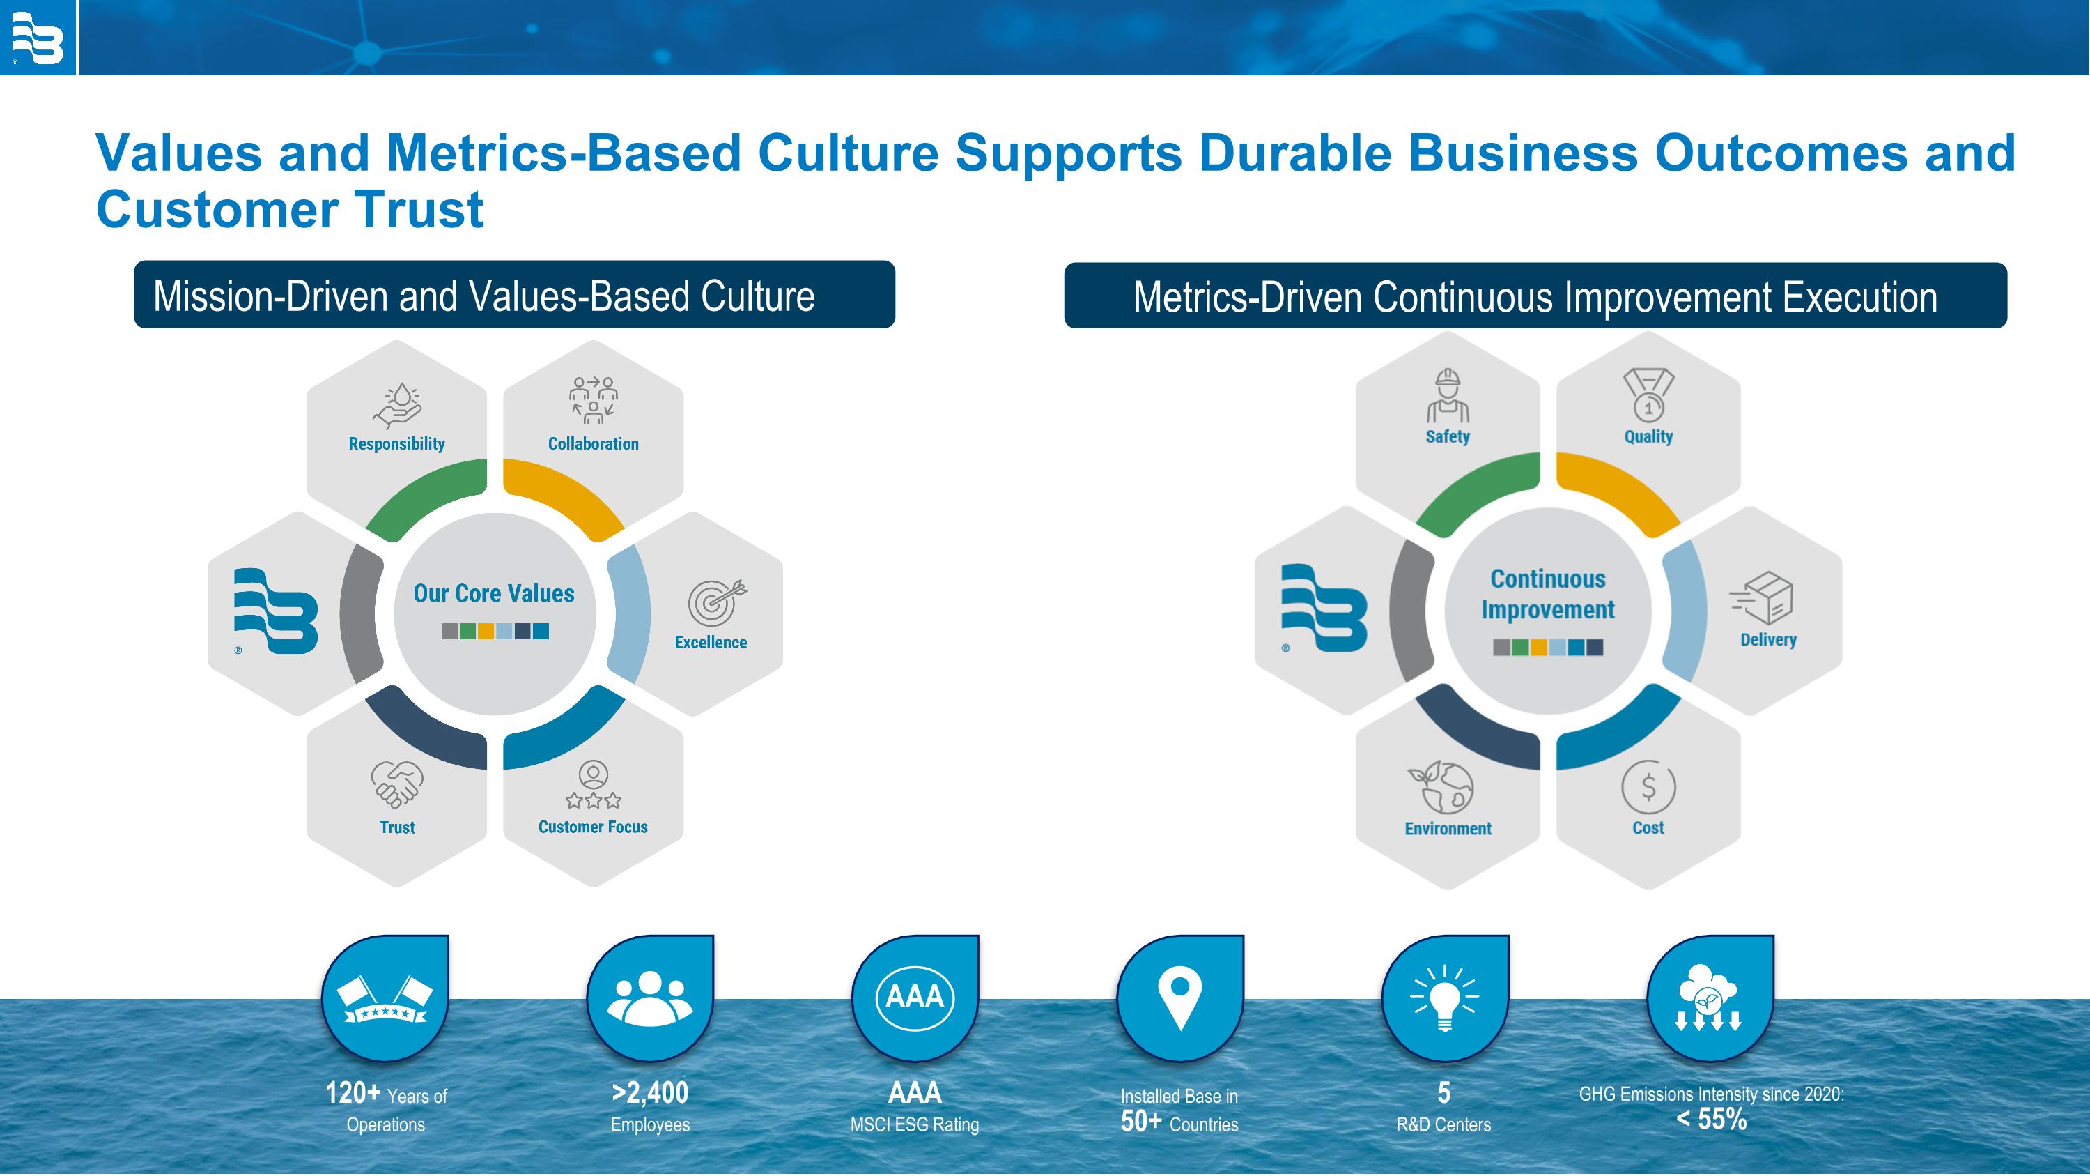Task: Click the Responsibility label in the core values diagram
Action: [x=396, y=444]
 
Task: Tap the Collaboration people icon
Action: [x=593, y=400]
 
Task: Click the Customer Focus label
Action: [x=593, y=827]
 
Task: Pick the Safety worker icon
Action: [x=1448, y=396]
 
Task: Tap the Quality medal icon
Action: [x=1648, y=395]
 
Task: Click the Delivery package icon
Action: [x=1761, y=598]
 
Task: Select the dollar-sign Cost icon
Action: [x=1648, y=786]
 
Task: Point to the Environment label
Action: [x=1448, y=829]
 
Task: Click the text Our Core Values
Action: [x=494, y=593]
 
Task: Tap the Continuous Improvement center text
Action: [x=1548, y=594]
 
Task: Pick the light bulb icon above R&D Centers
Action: [x=1445, y=998]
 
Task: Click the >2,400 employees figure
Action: [x=650, y=1093]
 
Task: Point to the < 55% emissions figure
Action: [x=1711, y=1120]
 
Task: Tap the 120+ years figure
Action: [x=353, y=1093]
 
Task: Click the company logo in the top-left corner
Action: [x=38, y=38]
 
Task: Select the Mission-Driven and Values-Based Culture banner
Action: [x=514, y=295]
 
